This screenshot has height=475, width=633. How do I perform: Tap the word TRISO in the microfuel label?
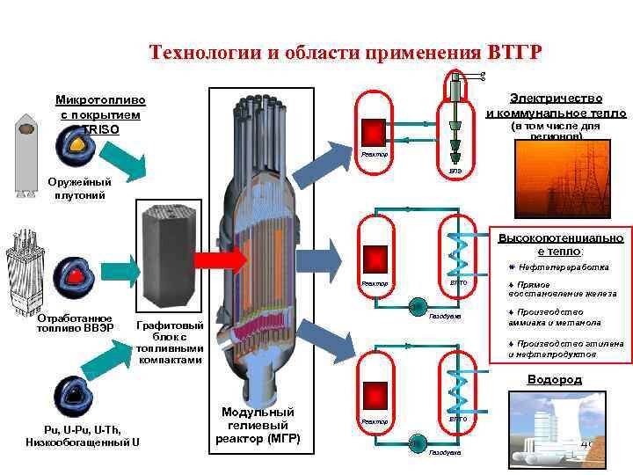(101, 129)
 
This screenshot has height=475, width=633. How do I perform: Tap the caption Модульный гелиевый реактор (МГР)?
(258, 426)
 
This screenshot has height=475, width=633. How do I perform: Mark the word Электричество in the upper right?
(556, 99)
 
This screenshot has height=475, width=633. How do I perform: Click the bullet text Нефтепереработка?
(571, 267)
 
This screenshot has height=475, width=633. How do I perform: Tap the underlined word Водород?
(554, 380)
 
